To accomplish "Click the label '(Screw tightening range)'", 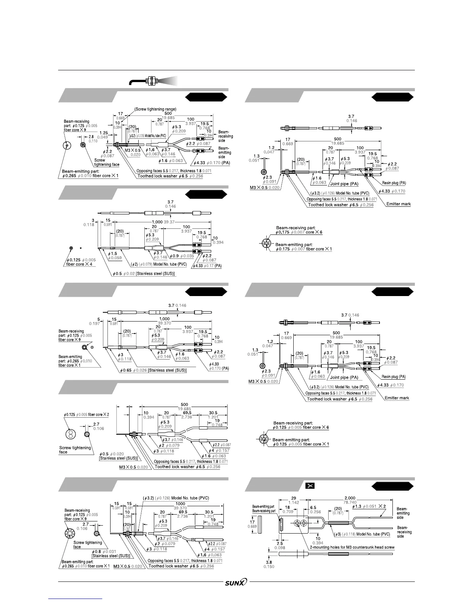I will tap(155, 109).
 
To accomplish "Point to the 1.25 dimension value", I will tap(103, 133).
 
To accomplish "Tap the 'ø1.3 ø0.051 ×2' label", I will tap(369, 506).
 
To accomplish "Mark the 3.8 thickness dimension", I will tap(269, 562).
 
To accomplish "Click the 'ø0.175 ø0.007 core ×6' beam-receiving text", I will tap(299, 232).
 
